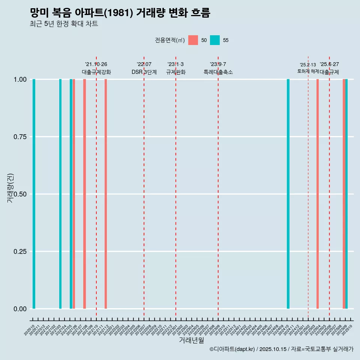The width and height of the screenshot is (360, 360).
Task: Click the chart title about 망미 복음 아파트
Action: (x=120, y=13)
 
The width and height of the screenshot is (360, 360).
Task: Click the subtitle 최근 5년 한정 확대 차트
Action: (x=64, y=24)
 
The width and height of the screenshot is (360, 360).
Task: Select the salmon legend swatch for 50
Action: (x=193, y=40)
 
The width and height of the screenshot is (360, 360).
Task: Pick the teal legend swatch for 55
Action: (x=215, y=40)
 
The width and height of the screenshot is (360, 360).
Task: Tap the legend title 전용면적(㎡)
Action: (x=169, y=40)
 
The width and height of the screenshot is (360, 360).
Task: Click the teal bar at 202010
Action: (x=34, y=194)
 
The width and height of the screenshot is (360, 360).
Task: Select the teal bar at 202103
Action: (x=60, y=194)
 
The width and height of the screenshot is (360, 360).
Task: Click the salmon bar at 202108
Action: (x=84, y=194)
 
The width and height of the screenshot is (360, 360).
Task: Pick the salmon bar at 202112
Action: (x=106, y=194)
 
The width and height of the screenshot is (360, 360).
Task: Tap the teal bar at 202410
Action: (x=288, y=194)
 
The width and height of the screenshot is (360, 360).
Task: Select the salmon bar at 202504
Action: (x=318, y=194)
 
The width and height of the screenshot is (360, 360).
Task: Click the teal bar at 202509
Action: (x=346, y=194)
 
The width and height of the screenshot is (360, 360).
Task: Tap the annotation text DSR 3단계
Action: (x=144, y=72)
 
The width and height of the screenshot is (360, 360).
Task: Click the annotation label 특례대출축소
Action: (x=218, y=72)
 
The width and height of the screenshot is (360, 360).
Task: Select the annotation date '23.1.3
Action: (x=175, y=64)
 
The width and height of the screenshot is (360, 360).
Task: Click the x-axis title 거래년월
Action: (x=191, y=340)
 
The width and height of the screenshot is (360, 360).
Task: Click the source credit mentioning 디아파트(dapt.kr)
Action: (x=281, y=349)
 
